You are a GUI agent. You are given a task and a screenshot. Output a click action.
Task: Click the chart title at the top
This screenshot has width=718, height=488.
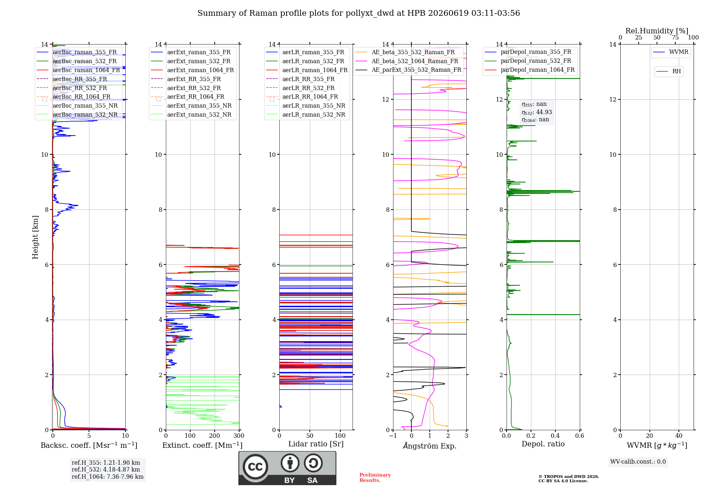tap(359, 13)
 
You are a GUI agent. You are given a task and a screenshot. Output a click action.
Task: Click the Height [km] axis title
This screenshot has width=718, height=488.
tap(35, 237)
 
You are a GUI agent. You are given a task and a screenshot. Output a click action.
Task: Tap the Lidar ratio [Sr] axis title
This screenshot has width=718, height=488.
tap(316, 444)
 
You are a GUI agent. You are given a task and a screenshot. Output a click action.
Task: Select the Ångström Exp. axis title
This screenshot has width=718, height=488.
tap(430, 446)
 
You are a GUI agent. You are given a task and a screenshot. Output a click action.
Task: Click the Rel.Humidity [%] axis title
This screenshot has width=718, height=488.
tap(657, 31)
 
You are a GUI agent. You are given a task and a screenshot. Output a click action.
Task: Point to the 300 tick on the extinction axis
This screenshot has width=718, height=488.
tap(239, 436)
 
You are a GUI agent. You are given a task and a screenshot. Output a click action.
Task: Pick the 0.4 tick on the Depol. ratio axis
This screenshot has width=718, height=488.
tap(555, 436)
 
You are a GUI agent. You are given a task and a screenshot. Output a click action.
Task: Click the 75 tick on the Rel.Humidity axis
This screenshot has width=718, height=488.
tap(675, 38)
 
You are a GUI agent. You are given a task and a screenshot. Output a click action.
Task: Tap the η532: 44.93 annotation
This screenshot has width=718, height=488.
tap(537, 112)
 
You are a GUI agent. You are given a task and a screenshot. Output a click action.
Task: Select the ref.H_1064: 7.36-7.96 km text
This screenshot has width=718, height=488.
tap(108, 477)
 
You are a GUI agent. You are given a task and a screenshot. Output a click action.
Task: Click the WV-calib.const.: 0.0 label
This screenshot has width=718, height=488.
tap(638, 462)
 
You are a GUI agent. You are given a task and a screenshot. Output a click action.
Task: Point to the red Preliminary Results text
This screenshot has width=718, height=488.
tap(375, 478)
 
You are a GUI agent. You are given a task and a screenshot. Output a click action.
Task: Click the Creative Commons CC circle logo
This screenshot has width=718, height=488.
tap(255, 467)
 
